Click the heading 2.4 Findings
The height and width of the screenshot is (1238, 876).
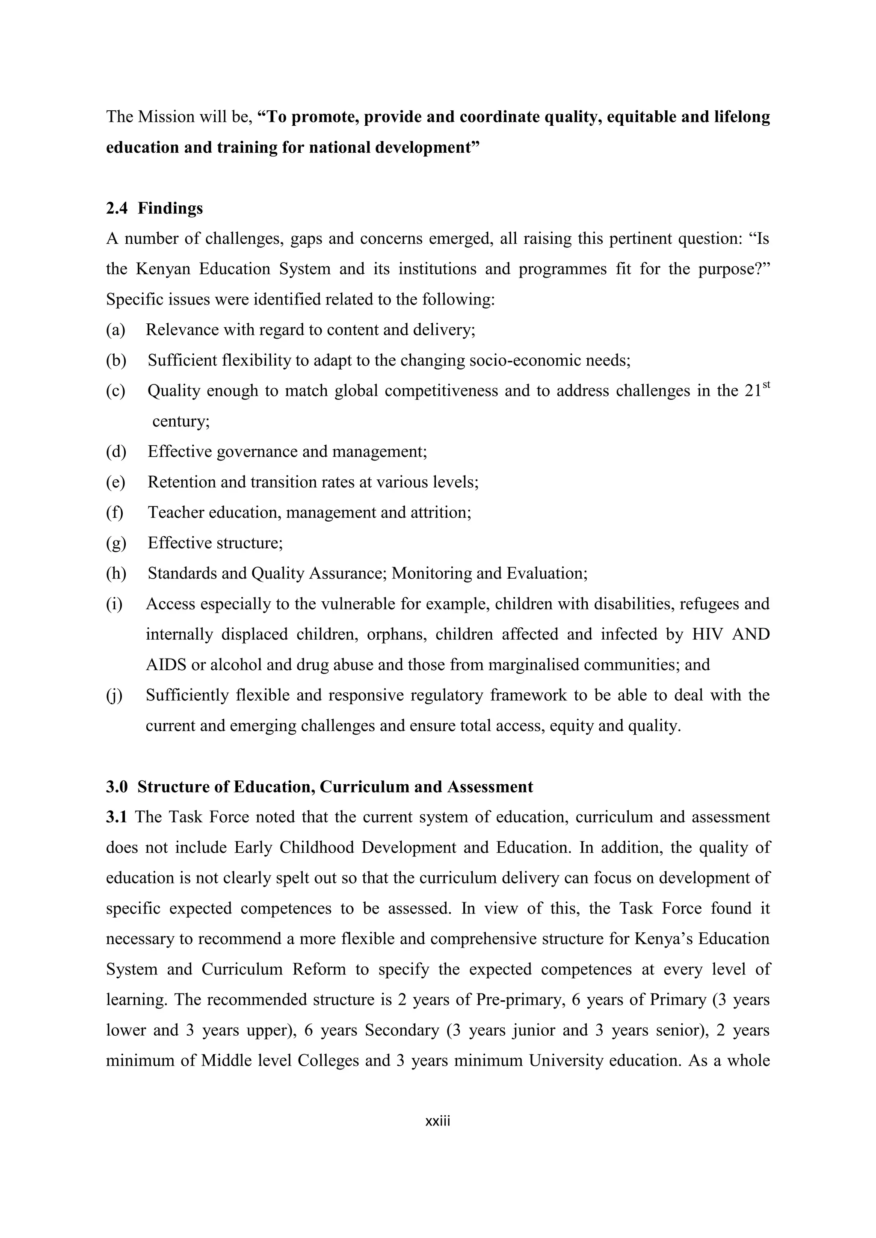coord(154,208)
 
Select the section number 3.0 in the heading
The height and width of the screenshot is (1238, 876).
coord(116,787)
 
